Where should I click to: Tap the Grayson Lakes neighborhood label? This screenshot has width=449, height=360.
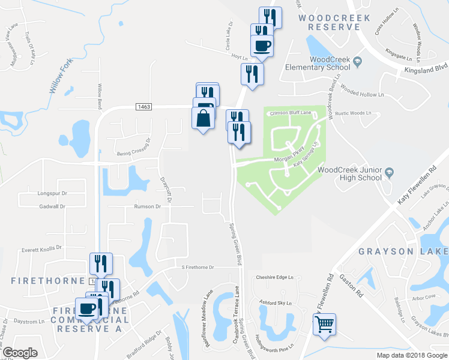point(403,251)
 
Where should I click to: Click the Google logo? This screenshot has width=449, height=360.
point(20,353)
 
